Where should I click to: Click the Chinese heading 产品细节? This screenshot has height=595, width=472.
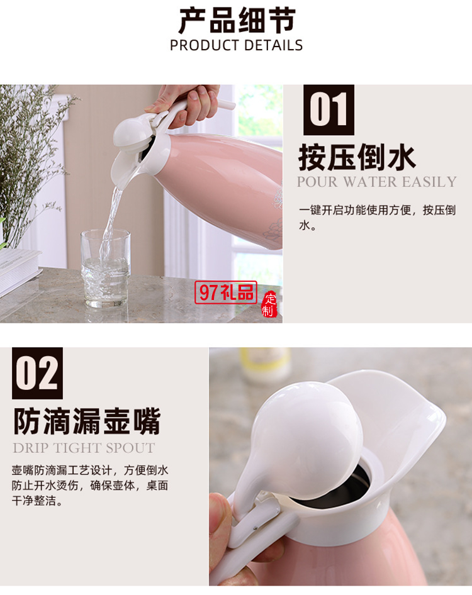[x=236, y=21]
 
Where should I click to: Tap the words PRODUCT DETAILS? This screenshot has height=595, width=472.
[x=236, y=45]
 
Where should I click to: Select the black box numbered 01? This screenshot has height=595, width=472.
[x=329, y=110]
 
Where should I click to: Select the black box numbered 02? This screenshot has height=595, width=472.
[x=37, y=373]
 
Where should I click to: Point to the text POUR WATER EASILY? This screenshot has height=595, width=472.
[x=376, y=182]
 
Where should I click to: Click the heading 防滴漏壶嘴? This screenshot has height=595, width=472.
[x=87, y=421]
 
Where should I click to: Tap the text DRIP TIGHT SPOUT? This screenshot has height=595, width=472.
[x=84, y=448]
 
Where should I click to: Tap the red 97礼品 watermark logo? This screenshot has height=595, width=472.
[x=227, y=292]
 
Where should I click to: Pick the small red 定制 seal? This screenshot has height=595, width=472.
[x=269, y=304]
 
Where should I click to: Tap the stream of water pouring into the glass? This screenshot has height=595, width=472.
[x=111, y=217]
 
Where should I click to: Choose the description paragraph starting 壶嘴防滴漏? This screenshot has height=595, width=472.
[x=90, y=486]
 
